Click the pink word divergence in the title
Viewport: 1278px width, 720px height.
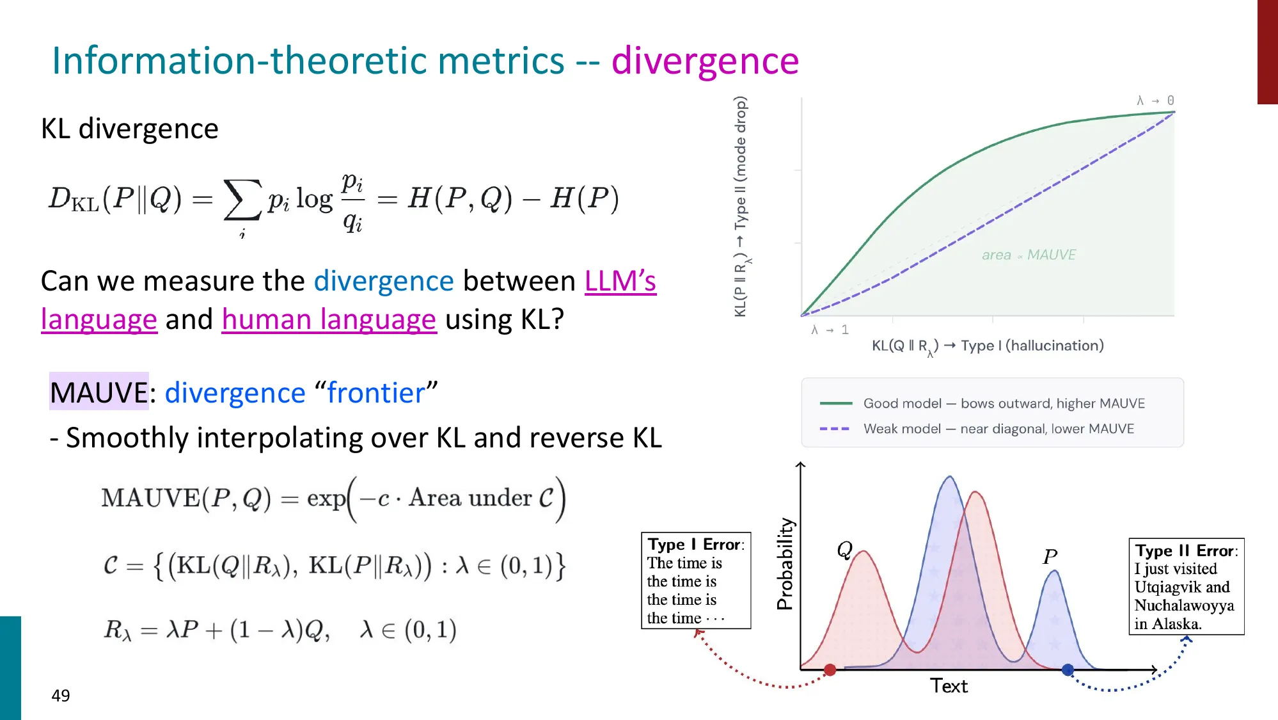(705, 61)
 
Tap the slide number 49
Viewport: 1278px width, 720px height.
(61, 696)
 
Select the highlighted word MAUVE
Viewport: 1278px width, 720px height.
(99, 392)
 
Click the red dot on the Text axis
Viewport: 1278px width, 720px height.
(830, 670)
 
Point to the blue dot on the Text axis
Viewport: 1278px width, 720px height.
(1068, 670)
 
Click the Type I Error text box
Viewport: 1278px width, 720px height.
(696, 580)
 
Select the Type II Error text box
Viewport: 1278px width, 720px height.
(1186, 586)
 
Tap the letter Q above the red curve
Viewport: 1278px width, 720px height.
(845, 550)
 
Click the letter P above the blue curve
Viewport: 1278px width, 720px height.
(1050, 556)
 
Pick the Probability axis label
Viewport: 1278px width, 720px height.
(785, 564)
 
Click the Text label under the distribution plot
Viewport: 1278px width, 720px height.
(949, 686)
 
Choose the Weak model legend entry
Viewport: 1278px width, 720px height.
(998, 429)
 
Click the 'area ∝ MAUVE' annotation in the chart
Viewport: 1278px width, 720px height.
(1029, 255)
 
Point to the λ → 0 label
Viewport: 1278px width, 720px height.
(1155, 100)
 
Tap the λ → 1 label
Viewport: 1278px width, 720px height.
(830, 330)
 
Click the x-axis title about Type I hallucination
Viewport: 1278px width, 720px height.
(988, 346)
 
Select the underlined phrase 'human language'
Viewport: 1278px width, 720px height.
(329, 319)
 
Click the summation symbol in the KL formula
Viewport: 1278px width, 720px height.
(242, 200)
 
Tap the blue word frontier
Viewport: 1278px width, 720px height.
(376, 393)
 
